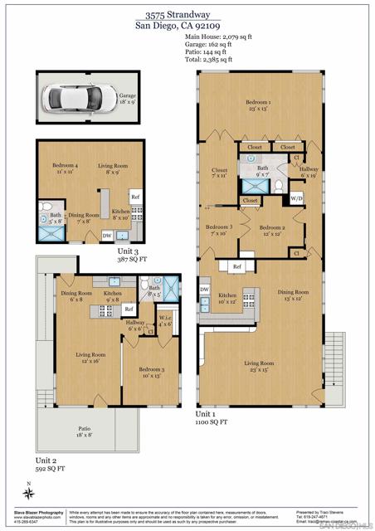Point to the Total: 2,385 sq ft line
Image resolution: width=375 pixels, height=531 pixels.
[210, 60]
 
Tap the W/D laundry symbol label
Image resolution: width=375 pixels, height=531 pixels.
[296, 199]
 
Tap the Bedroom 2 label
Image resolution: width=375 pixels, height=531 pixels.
[272, 230]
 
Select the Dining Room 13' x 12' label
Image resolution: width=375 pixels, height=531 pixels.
[293, 295]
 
